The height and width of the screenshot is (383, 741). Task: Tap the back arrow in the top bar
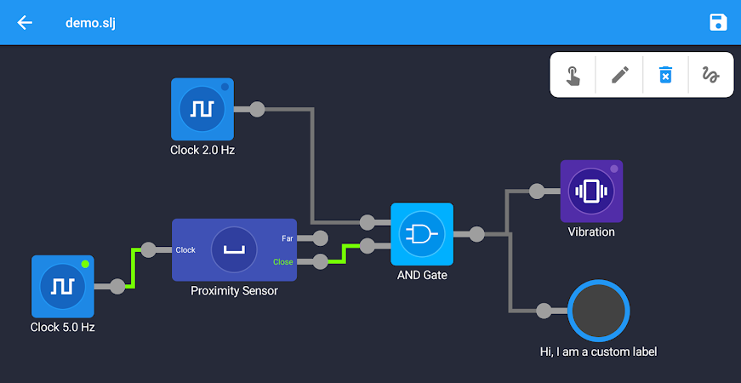25,22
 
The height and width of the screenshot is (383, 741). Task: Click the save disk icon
718,22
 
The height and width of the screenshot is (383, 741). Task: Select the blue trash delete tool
665,75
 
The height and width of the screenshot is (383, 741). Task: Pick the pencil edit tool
620,75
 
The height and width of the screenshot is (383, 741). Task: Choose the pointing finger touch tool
573,76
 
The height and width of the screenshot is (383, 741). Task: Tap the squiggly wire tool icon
710,75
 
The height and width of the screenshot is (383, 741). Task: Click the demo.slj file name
90,23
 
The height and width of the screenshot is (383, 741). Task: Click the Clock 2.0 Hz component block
202,109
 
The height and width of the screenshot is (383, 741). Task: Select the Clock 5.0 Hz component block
63,287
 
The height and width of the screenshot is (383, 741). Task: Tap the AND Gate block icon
422,234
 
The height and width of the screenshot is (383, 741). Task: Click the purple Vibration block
591,191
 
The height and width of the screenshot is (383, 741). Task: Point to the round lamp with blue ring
599,311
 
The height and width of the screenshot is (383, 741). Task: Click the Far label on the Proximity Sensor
288,239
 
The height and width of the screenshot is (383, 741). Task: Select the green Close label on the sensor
283,262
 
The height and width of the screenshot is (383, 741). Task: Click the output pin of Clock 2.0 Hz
257,109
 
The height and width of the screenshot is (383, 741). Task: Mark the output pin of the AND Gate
476,234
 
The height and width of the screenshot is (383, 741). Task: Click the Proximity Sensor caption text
235,291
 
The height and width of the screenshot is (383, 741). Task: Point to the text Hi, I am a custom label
598,352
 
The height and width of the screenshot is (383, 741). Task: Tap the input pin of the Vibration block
537,191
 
